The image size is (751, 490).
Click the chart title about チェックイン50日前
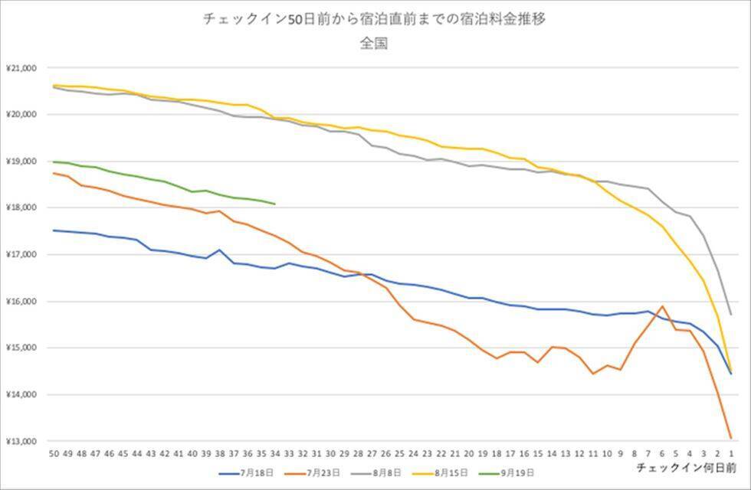pyautogui.click(x=375, y=20)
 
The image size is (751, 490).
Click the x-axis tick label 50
pyautogui.click(x=54, y=452)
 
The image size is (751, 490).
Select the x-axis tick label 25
pyautogui.click(x=399, y=452)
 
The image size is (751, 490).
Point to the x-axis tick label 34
pyautogui.click(x=274, y=452)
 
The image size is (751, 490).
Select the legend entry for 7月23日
pyautogui.click(x=316, y=473)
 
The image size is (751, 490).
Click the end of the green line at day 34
pyautogui.click(x=274, y=204)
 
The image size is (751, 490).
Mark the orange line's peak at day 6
pyautogui.click(x=661, y=306)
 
